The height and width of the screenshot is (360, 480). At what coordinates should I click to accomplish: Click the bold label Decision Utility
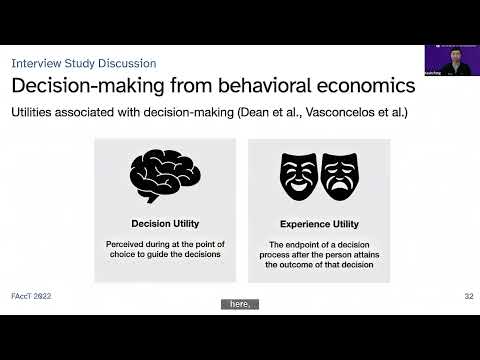click(x=165, y=223)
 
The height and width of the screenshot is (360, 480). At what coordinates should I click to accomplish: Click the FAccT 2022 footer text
click(x=32, y=297)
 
